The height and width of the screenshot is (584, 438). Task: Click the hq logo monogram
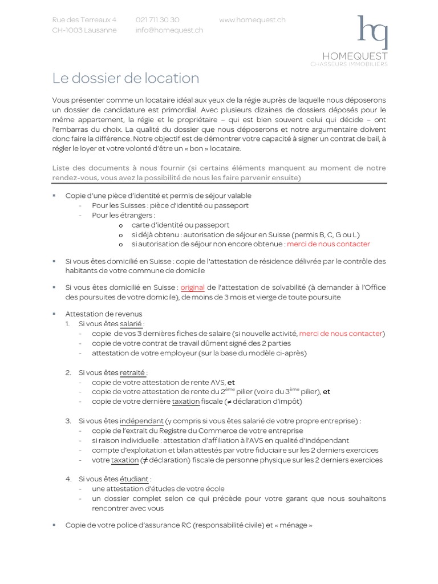click(372, 33)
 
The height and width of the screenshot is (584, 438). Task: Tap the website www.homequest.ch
click(252, 20)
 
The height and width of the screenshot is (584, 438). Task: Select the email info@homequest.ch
click(169, 30)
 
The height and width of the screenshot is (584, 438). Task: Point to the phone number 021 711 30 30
click(157, 20)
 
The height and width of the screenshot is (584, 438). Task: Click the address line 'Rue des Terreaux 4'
click(84, 20)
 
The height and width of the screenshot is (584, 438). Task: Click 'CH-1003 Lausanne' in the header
click(84, 30)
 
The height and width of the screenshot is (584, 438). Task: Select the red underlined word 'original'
click(192, 287)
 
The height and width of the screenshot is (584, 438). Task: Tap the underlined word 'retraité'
click(132, 372)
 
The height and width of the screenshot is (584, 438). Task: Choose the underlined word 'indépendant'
click(141, 421)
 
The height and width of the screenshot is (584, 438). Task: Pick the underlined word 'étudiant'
click(135, 479)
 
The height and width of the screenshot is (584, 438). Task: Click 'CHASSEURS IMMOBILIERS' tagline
click(348, 64)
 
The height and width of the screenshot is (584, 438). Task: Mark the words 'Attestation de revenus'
click(104, 314)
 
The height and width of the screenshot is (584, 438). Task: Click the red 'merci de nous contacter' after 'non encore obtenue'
click(328, 244)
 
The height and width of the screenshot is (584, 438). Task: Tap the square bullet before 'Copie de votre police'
click(54, 524)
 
